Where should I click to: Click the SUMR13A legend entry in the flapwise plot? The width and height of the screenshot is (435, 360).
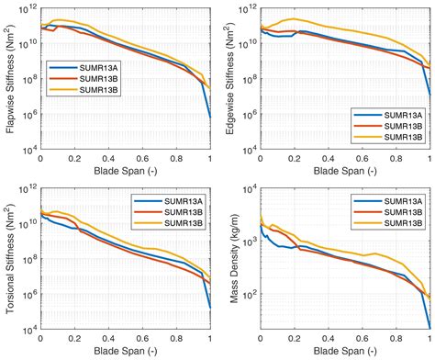click(86, 66)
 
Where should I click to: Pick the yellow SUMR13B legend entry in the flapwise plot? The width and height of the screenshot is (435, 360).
click(86, 90)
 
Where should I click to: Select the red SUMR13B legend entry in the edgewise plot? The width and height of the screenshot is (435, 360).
click(391, 124)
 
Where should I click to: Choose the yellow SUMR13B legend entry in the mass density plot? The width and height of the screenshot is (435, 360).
click(392, 225)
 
